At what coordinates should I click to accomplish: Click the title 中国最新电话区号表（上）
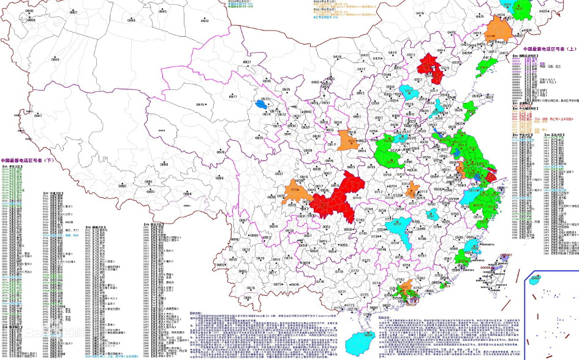(x=549, y=49)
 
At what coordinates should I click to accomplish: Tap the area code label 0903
(x=55, y=59)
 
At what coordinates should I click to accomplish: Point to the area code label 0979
(x=200, y=105)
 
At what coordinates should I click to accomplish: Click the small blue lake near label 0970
(x=265, y=105)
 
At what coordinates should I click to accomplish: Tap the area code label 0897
(x=37, y=115)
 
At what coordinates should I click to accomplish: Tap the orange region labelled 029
(x=347, y=140)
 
